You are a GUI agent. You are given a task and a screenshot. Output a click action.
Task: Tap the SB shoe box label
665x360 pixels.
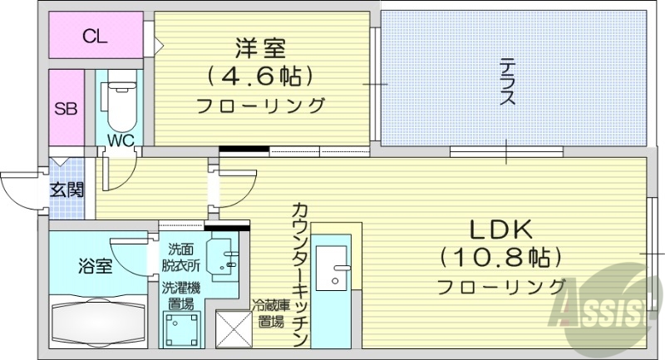[65, 108]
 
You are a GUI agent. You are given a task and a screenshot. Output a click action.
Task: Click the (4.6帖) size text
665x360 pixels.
[259, 76]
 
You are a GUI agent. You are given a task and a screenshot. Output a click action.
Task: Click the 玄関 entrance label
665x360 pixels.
[66, 189]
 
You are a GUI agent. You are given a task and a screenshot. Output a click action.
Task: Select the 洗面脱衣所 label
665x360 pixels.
[183, 258]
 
